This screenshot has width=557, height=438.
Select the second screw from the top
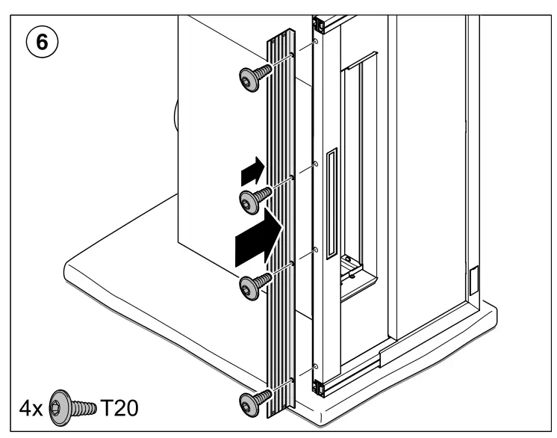point(252,199)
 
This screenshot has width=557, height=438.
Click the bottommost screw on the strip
point(251,401)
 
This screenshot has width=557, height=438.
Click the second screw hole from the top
point(316,162)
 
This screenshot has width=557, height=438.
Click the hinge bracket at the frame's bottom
point(317,387)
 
